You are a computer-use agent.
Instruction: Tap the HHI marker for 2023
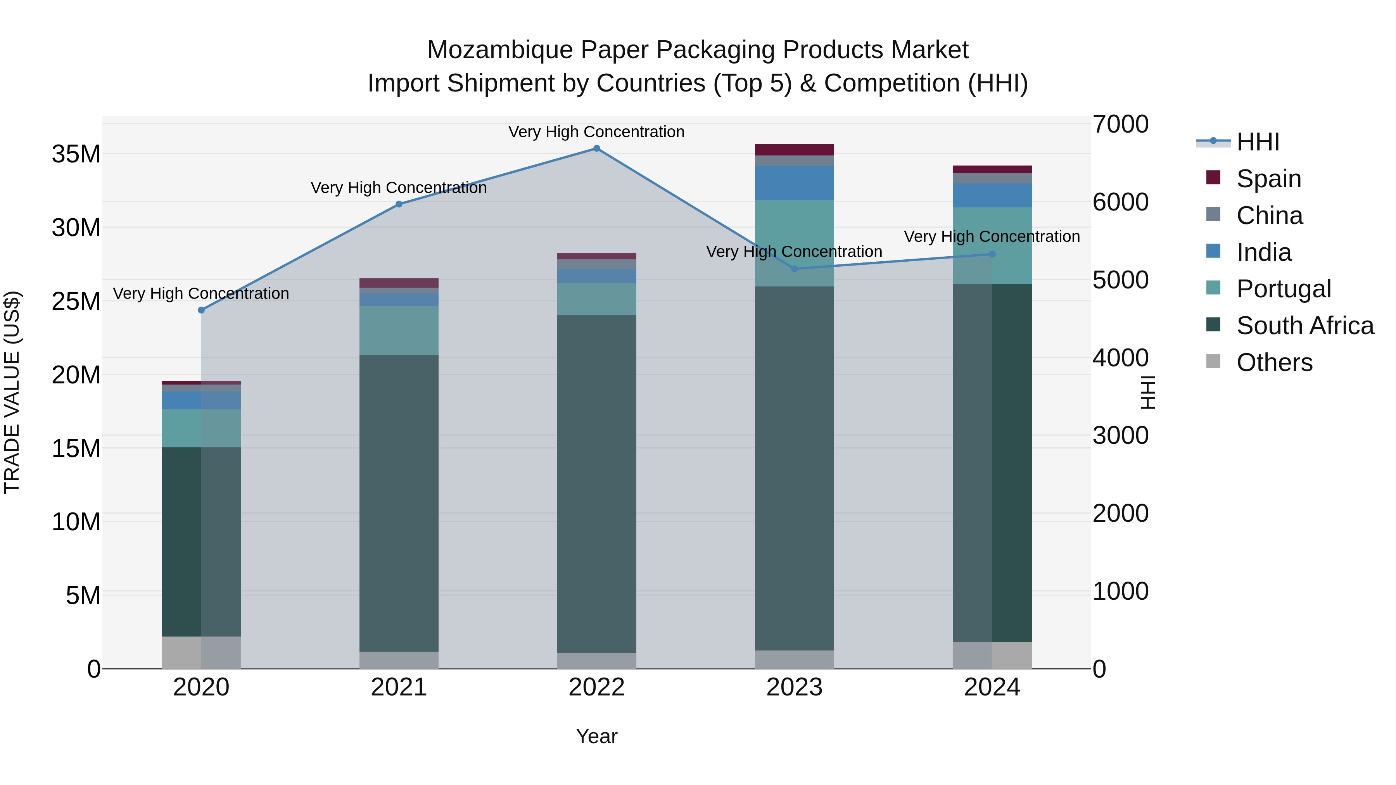point(795,269)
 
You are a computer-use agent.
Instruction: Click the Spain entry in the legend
point(1268,179)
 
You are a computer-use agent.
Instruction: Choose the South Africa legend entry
point(1304,326)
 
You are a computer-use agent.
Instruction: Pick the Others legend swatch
point(1213,361)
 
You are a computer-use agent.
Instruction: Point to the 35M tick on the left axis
point(76,154)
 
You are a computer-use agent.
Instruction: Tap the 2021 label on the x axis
point(399,687)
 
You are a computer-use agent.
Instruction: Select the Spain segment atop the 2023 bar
point(795,150)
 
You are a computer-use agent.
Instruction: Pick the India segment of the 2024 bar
point(992,196)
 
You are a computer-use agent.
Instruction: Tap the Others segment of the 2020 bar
point(201,652)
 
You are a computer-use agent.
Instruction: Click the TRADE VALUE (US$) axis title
point(12,392)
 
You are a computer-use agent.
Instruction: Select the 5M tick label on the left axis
point(83,596)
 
